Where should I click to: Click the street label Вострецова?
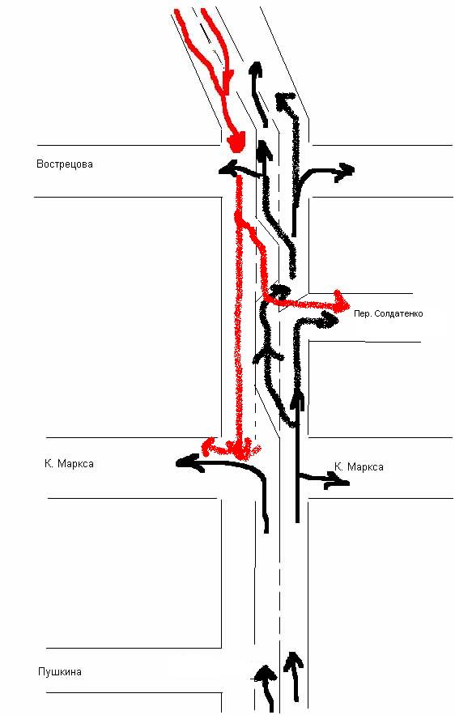click(64, 164)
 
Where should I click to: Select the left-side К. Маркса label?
click(70, 464)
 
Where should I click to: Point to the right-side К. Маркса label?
click(359, 467)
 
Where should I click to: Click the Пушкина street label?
click(60, 672)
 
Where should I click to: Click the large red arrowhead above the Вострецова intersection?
click(236, 142)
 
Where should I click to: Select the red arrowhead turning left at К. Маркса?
click(209, 445)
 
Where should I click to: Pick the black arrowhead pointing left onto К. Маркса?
click(185, 462)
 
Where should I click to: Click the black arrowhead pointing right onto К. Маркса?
click(338, 479)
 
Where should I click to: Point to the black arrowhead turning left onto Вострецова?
click(228, 168)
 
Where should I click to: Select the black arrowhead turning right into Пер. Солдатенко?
click(329, 319)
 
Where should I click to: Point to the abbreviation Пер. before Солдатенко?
click(362, 313)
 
